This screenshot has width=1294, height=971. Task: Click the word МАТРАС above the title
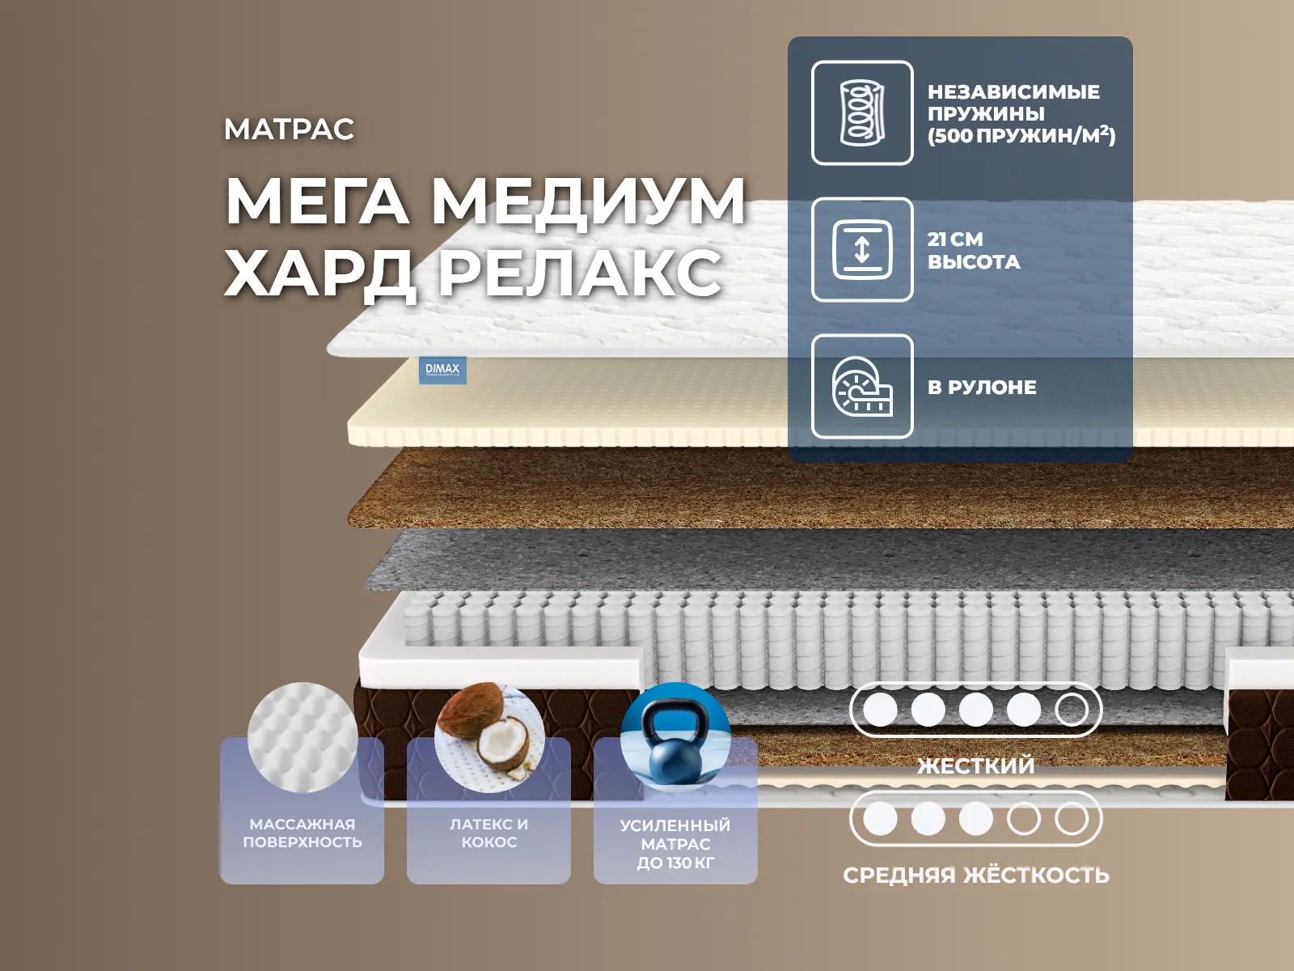pyautogui.click(x=289, y=129)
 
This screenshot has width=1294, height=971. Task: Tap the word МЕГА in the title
pyautogui.click(x=317, y=201)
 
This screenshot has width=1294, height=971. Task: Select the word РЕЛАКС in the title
pyautogui.click(x=580, y=273)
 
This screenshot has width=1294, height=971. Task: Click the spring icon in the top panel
pyautogui.click(x=862, y=112)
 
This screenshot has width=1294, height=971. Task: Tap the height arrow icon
pyautogui.click(x=862, y=249)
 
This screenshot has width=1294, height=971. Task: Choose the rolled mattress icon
pyautogui.click(x=862, y=387)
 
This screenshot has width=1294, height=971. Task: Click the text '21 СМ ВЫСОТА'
pyautogui.click(x=973, y=250)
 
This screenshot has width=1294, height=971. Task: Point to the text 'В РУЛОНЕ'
pyautogui.click(x=982, y=388)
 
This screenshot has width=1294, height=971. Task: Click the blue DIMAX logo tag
pyautogui.click(x=442, y=371)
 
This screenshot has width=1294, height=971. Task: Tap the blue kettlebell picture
pyautogui.click(x=675, y=737)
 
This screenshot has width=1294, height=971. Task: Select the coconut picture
pyautogui.click(x=489, y=737)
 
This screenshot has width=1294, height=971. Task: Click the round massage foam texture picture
pyautogui.click(x=302, y=737)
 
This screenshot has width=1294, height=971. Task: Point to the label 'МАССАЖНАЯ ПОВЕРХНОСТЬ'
pyautogui.click(x=302, y=833)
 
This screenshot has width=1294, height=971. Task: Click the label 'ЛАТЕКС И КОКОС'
pyautogui.click(x=489, y=833)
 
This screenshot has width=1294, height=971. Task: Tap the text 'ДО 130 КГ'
pyautogui.click(x=675, y=863)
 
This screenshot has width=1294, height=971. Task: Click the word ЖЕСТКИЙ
pyautogui.click(x=975, y=765)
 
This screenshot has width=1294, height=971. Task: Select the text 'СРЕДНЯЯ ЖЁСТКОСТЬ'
pyautogui.click(x=975, y=875)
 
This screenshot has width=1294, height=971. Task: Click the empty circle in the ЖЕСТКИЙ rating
pyautogui.click(x=1072, y=710)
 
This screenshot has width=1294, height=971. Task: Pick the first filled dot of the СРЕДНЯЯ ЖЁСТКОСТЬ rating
pyautogui.click(x=880, y=819)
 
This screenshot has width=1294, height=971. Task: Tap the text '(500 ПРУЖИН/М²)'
pyautogui.click(x=1021, y=136)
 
